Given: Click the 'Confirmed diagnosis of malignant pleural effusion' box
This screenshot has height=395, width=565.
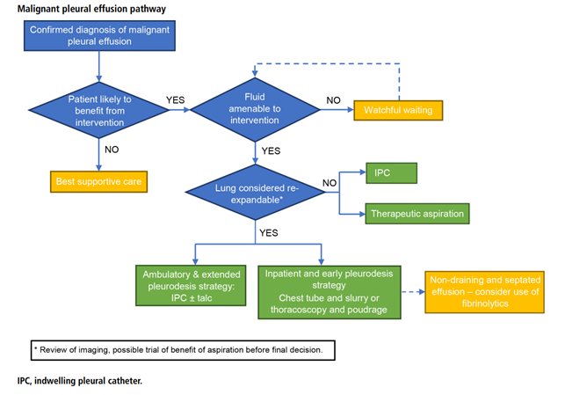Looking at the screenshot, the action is pyautogui.click(x=99, y=35).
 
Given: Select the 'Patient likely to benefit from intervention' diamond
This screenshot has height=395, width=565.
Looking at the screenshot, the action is pyautogui.click(x=99, y=110).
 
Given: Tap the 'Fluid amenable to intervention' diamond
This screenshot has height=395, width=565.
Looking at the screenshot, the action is pyautogui.click(x=255, y=109).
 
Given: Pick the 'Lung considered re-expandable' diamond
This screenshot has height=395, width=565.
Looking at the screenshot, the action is pyautogui.click(x=256, y=193).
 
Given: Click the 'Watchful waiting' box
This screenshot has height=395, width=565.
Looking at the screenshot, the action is pyautogui.click(x=398, y=110).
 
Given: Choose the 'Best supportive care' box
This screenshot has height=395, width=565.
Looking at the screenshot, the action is pyautogui.click(x=98, y=181).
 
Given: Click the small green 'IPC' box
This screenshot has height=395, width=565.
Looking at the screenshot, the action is pyautogui.click(x=391, y=173).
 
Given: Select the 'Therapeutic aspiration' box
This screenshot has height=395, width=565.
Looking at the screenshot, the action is pyautogui.click(x=417, y=214).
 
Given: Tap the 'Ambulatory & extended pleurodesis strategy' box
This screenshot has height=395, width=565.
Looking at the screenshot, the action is pyautogui.click(x=191, y=286).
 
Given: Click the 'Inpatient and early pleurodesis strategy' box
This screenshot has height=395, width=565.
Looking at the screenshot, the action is pyautogui.click(x=330, y=292).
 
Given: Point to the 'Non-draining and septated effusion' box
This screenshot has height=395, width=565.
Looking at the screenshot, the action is pyautogui.click(x=485, y=292).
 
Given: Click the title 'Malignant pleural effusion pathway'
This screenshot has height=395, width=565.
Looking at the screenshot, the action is pyautogui.click(x=92, y=9).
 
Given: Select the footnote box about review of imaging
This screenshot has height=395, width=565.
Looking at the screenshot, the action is pyautogui.click(x=183, y=350).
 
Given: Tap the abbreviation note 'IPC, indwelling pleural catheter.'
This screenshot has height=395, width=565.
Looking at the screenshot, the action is pyautogui.click(x=80, y=381).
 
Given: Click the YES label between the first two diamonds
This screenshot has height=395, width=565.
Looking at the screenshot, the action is pyautogui.click(x=175, y=100).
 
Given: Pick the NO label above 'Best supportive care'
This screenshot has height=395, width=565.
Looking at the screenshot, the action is pyautogui.click(x=112, y=150).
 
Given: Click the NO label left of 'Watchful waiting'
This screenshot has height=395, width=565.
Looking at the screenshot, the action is pyautogui.click(x=333, y=100).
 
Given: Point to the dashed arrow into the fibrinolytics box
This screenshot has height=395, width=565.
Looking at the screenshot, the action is pyautogui.click(x=413, y=292).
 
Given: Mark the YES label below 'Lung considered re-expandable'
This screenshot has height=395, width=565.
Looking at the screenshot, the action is pyautogui.click(x=269, y=232).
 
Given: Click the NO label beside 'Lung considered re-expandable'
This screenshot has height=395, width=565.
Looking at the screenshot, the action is pyautogui.click(x=330, y=183).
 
